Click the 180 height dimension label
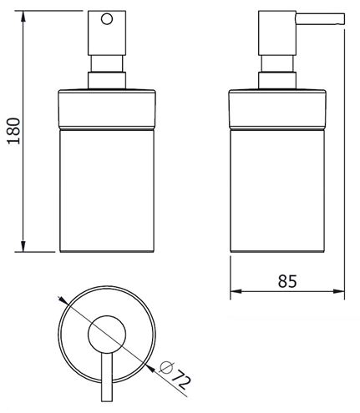tap(14, 131)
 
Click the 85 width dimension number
tap(287, 281)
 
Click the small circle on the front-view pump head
tap(107, 19)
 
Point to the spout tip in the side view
tap(343, 19)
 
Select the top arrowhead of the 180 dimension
tap(23, 17)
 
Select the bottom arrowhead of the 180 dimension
tap(23, 246)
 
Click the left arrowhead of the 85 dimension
tap(236, 291)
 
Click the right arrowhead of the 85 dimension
tap(339, 291)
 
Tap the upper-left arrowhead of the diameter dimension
tap(63, 300)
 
